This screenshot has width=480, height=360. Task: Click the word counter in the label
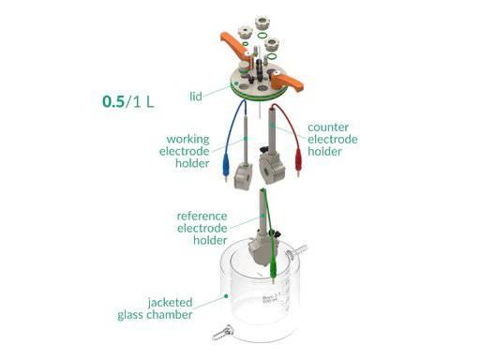329,127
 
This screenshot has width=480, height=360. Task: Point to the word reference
201,215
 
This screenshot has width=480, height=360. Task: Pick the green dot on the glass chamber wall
227,293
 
